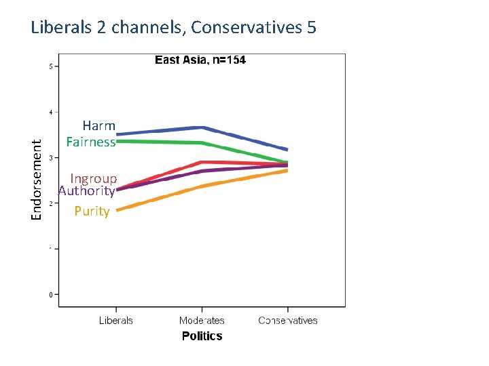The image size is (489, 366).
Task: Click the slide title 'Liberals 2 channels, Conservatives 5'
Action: (x=173, y=28)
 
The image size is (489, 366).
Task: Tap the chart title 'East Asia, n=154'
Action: (x=200, y=60)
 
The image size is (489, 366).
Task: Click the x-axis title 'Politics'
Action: (x=202, y=336)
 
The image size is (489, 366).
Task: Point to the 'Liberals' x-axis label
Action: (x=116, y=321)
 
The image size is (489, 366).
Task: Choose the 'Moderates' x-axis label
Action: (x=202, y=321)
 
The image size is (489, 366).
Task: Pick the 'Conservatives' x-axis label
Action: (x=288, y=321)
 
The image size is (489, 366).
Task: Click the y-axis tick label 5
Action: (x=50, y=66)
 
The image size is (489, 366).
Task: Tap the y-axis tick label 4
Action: (x=50, y=112)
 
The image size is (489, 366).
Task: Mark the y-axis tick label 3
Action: (x=50, y=158)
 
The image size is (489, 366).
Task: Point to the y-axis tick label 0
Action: (x=50, y=295)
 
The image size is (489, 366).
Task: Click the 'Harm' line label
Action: (x=99, y=126)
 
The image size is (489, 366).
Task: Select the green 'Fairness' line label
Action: (x=91, y=142)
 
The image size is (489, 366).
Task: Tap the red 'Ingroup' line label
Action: (x=94, y=179)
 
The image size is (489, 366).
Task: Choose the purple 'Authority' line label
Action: (x=86, y=191)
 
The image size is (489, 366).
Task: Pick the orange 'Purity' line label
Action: (x=92, y=211)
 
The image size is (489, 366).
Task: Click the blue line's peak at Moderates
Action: (x=202, y=127)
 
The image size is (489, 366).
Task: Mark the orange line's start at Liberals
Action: (x=118, y=210)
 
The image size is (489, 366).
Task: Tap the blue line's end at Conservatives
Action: (x=287, y=149)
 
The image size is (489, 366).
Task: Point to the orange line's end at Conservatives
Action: (x=287, y=171)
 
